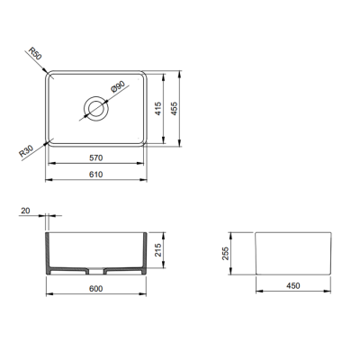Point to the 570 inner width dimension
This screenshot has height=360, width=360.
click(x=95, y=158)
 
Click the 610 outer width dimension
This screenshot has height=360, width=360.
click(x=95, y=174)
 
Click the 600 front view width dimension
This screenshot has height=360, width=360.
click(x=95, y=288)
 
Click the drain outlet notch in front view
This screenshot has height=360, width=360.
click(x=95, y=271)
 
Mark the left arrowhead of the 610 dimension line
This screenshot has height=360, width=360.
click(x=48, y=179)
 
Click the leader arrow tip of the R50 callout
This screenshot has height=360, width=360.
click(x=47, y=69)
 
